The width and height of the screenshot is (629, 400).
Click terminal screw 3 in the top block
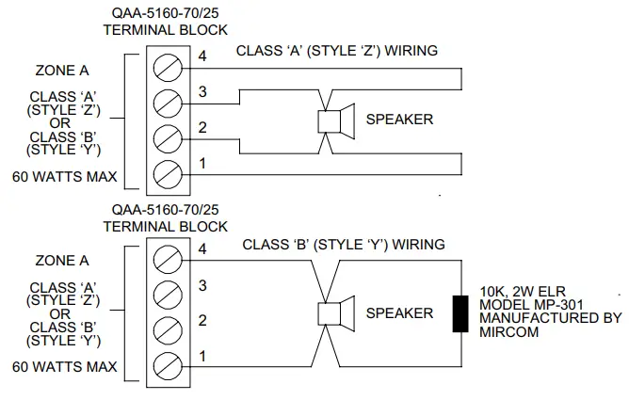[168, 101]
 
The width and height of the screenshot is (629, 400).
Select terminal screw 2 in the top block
[168, 136]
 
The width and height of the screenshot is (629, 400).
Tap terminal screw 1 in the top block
[168, 171]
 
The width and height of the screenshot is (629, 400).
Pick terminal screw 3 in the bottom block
[168, 293]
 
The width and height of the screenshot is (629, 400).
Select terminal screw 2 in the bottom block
[168, 328]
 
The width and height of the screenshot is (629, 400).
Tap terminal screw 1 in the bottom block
[168, 362]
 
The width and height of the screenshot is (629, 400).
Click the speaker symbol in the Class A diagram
[334, 121]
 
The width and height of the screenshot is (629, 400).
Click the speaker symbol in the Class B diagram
[334, 312]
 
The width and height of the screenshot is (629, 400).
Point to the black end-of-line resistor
[460, 312]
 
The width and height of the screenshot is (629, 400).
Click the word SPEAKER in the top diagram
[399, 120]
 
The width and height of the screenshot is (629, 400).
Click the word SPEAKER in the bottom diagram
[399, 313]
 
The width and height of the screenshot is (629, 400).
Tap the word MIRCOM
[508, 332]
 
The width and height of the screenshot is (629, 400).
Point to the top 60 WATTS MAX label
[65, 175]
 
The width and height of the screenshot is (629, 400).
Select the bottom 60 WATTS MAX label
[65, 366]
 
